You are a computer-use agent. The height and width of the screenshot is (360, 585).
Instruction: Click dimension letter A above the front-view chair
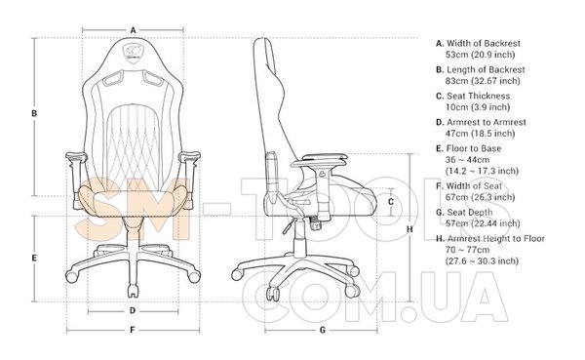pos(133,30)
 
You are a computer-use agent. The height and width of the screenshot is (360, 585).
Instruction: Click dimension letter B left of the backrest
pos(34,113)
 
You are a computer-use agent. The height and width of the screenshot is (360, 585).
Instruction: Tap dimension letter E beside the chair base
pos(34,259)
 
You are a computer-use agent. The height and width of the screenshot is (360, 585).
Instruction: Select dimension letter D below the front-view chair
pos(133,310)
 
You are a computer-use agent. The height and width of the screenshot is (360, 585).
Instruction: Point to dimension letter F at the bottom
pos(133,330)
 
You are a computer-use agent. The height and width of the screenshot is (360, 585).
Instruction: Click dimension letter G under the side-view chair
pos(323,330)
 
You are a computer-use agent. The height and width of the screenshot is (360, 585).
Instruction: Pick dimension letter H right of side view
pos(409,229)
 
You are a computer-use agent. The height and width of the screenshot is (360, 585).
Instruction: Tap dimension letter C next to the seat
pos(391,202)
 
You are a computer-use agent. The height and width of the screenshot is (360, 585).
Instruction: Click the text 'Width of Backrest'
pos(484,43)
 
